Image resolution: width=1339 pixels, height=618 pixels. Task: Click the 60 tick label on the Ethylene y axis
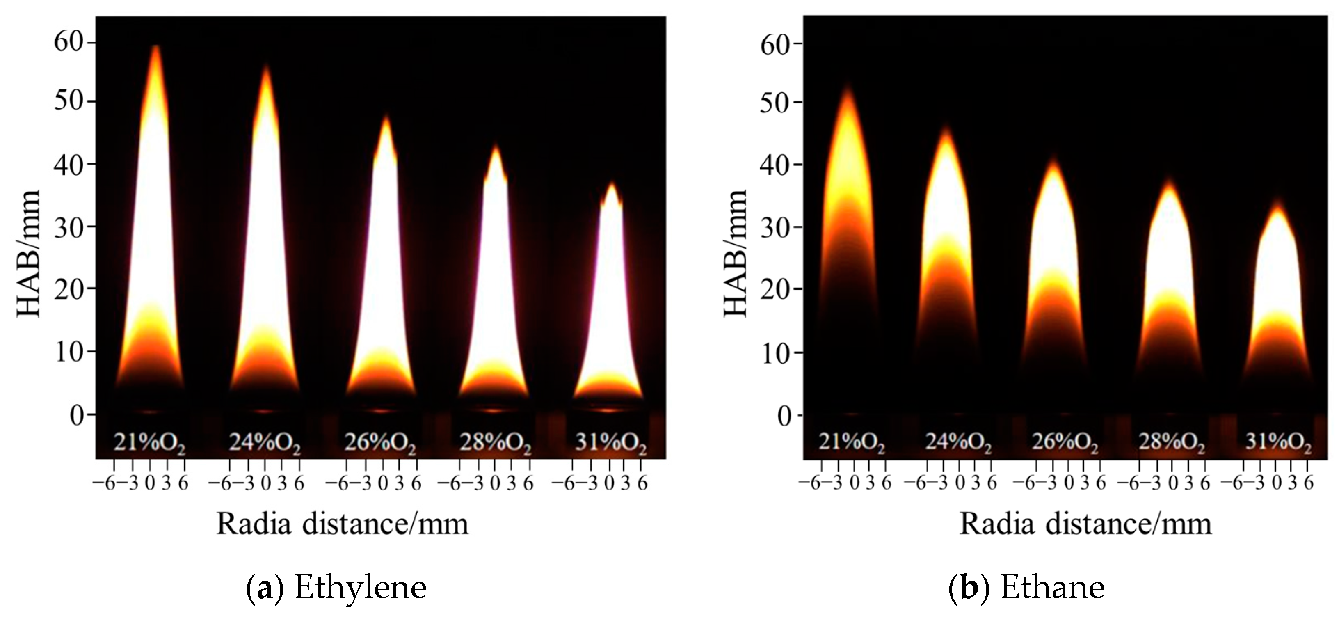69,41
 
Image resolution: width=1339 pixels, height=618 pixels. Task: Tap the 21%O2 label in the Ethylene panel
150,443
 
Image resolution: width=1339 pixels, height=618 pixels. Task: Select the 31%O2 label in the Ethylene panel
611,443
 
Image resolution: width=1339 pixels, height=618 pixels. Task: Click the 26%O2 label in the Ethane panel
1065,443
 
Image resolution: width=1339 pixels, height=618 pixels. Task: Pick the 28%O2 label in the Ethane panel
1172,443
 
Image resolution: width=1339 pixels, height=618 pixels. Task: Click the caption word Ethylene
360,587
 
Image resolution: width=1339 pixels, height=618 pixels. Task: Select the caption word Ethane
1052,587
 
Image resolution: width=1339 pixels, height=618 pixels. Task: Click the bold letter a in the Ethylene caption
265,588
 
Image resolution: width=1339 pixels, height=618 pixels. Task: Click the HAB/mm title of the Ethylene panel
29,254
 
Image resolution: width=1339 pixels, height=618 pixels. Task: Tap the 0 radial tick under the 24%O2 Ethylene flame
265,483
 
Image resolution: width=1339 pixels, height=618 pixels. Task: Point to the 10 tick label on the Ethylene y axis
69,352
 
